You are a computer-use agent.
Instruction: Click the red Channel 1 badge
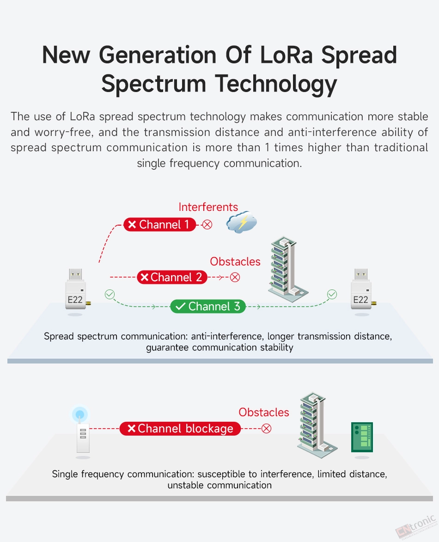click(159, 225)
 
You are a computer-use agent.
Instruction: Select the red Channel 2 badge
click(172, 277)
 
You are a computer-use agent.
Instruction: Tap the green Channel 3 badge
click(208, 306)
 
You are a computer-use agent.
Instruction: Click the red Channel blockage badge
click(180, 429)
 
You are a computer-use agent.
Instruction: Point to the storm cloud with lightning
click(241, 222)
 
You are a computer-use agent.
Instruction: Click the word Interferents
click(208, 207)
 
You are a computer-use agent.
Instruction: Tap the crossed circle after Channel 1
click(207, 225)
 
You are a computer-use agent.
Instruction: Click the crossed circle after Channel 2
click(235, 277)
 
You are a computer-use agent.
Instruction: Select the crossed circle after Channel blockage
click(266, 429)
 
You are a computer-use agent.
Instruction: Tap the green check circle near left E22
click(110, 294)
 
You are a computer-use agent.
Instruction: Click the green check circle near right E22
click(332, 294)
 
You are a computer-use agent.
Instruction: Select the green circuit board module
click(362, 437)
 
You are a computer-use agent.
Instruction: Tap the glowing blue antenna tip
click(80, 414)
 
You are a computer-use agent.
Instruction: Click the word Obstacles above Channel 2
click(235, 262)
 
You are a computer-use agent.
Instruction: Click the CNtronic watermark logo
click(416, 526)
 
